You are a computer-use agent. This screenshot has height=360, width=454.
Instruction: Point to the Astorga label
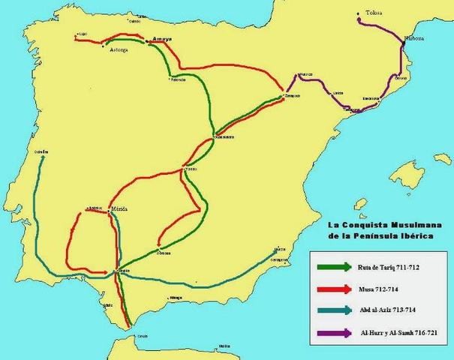click(117, 50)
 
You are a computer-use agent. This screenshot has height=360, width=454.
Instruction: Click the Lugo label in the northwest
click(83, 34)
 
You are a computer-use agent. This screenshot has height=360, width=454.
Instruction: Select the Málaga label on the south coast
click(176, 298)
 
